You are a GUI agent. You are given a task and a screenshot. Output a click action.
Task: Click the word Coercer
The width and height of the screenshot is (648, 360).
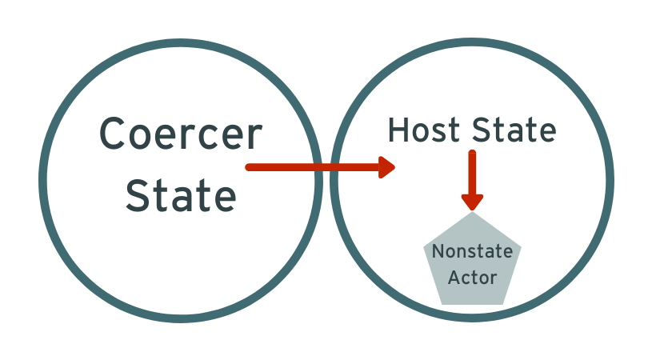[181, 134]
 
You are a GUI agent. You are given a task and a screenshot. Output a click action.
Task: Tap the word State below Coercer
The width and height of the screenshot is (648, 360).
[181, 195]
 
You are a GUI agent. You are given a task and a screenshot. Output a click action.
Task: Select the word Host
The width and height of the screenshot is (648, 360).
[423, 130]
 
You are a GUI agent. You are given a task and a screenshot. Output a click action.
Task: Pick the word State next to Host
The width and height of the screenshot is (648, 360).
[514, 130]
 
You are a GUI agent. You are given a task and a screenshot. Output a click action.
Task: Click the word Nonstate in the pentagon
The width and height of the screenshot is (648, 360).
[472, 251]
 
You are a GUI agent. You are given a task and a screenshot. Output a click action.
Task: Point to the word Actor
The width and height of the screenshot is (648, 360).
[472, 278]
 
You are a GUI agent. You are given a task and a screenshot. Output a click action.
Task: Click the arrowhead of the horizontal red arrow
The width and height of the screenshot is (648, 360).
[387, 167]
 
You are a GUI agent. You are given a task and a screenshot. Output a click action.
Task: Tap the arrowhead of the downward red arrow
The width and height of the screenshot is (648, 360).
[472, 202]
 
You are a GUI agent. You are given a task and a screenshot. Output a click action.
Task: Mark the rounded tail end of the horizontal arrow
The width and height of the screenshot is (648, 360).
[248, 167]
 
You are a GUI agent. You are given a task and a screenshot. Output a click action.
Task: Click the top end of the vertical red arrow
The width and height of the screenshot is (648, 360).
[472, 153]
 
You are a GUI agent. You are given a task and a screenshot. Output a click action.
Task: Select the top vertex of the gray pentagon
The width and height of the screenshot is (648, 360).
[472, 212]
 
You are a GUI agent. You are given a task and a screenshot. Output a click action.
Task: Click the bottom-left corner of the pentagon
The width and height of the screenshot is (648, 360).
[442, 304]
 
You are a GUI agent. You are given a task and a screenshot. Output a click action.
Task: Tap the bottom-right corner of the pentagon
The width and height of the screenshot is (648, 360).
[503, 304]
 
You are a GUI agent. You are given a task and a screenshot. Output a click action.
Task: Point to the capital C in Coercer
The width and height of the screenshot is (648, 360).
[111, 134]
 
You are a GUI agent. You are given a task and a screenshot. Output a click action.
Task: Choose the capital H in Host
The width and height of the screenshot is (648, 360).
[398, 130]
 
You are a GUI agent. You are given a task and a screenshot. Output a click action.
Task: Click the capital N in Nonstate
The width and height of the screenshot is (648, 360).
[438, 251]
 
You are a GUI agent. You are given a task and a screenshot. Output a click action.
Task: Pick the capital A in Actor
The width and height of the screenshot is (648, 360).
[454, 278]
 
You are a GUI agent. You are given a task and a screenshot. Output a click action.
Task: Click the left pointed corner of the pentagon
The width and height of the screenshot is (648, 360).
[423, 247]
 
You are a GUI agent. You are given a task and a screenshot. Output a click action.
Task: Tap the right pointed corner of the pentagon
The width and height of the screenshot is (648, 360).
[521, 247]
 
